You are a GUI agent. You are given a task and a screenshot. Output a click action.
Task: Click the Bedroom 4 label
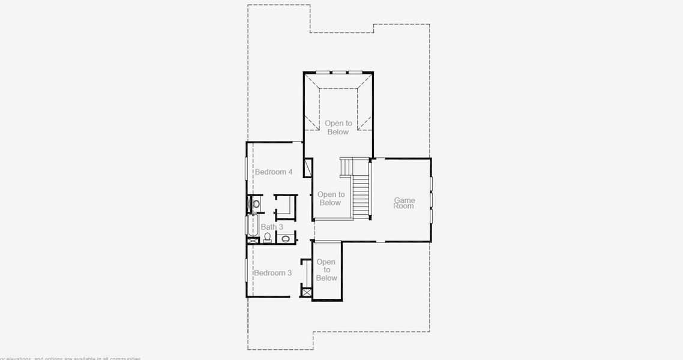tap(273, 172)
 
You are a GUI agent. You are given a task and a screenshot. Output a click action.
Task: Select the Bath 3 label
tap(272, 227)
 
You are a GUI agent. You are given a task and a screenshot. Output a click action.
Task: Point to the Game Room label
tap(404, 203)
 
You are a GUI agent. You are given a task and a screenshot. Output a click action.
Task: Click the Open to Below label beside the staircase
tap(330, 199)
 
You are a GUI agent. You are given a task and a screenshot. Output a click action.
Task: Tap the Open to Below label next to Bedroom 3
tap(326, 270)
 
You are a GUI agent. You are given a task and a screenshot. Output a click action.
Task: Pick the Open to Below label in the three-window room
tap(338, 128)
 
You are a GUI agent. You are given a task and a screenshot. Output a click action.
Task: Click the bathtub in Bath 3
tap(251, 226)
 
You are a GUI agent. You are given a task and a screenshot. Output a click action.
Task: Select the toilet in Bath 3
tap(267, 237)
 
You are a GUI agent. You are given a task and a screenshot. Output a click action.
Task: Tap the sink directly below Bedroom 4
tap(256, 204)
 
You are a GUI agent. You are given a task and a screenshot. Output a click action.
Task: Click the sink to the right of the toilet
tap(286, 238)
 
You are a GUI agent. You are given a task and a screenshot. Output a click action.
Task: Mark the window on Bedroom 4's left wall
tap(246, 167)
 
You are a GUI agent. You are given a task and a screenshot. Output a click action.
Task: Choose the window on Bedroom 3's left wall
tap(246, 269)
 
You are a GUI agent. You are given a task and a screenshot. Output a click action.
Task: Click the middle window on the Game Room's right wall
tap(431, 199)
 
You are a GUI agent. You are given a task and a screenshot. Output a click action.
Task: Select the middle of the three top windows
tap(339, 73)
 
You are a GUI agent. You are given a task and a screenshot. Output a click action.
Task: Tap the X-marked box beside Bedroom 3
tap(307, 292)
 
